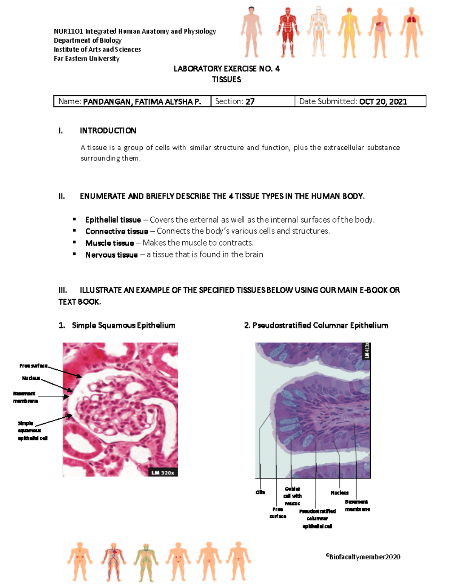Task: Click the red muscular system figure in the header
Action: coord(288,32)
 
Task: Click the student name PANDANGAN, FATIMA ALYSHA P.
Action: coord(142,102)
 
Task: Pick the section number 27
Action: coord(250,102)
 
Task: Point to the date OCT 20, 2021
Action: coord(383,102)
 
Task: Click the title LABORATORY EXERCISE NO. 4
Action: coord(226,69)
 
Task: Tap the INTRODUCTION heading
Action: coord(108,131)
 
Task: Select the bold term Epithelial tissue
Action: coord(113,220)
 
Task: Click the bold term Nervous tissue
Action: coord(111,255)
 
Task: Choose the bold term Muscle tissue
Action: coord(109,243)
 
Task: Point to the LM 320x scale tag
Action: coord(163,472)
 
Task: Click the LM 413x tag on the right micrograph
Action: coord(366,351)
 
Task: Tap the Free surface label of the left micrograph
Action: coord(33,366)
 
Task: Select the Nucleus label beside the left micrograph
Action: coord(31,378)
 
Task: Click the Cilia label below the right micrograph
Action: coord(260,492)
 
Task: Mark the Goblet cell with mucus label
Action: coord(293,496)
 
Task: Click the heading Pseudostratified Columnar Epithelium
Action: coord(316,325)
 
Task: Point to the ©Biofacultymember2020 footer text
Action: coord(363,557)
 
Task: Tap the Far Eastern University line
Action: coord(86,59)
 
